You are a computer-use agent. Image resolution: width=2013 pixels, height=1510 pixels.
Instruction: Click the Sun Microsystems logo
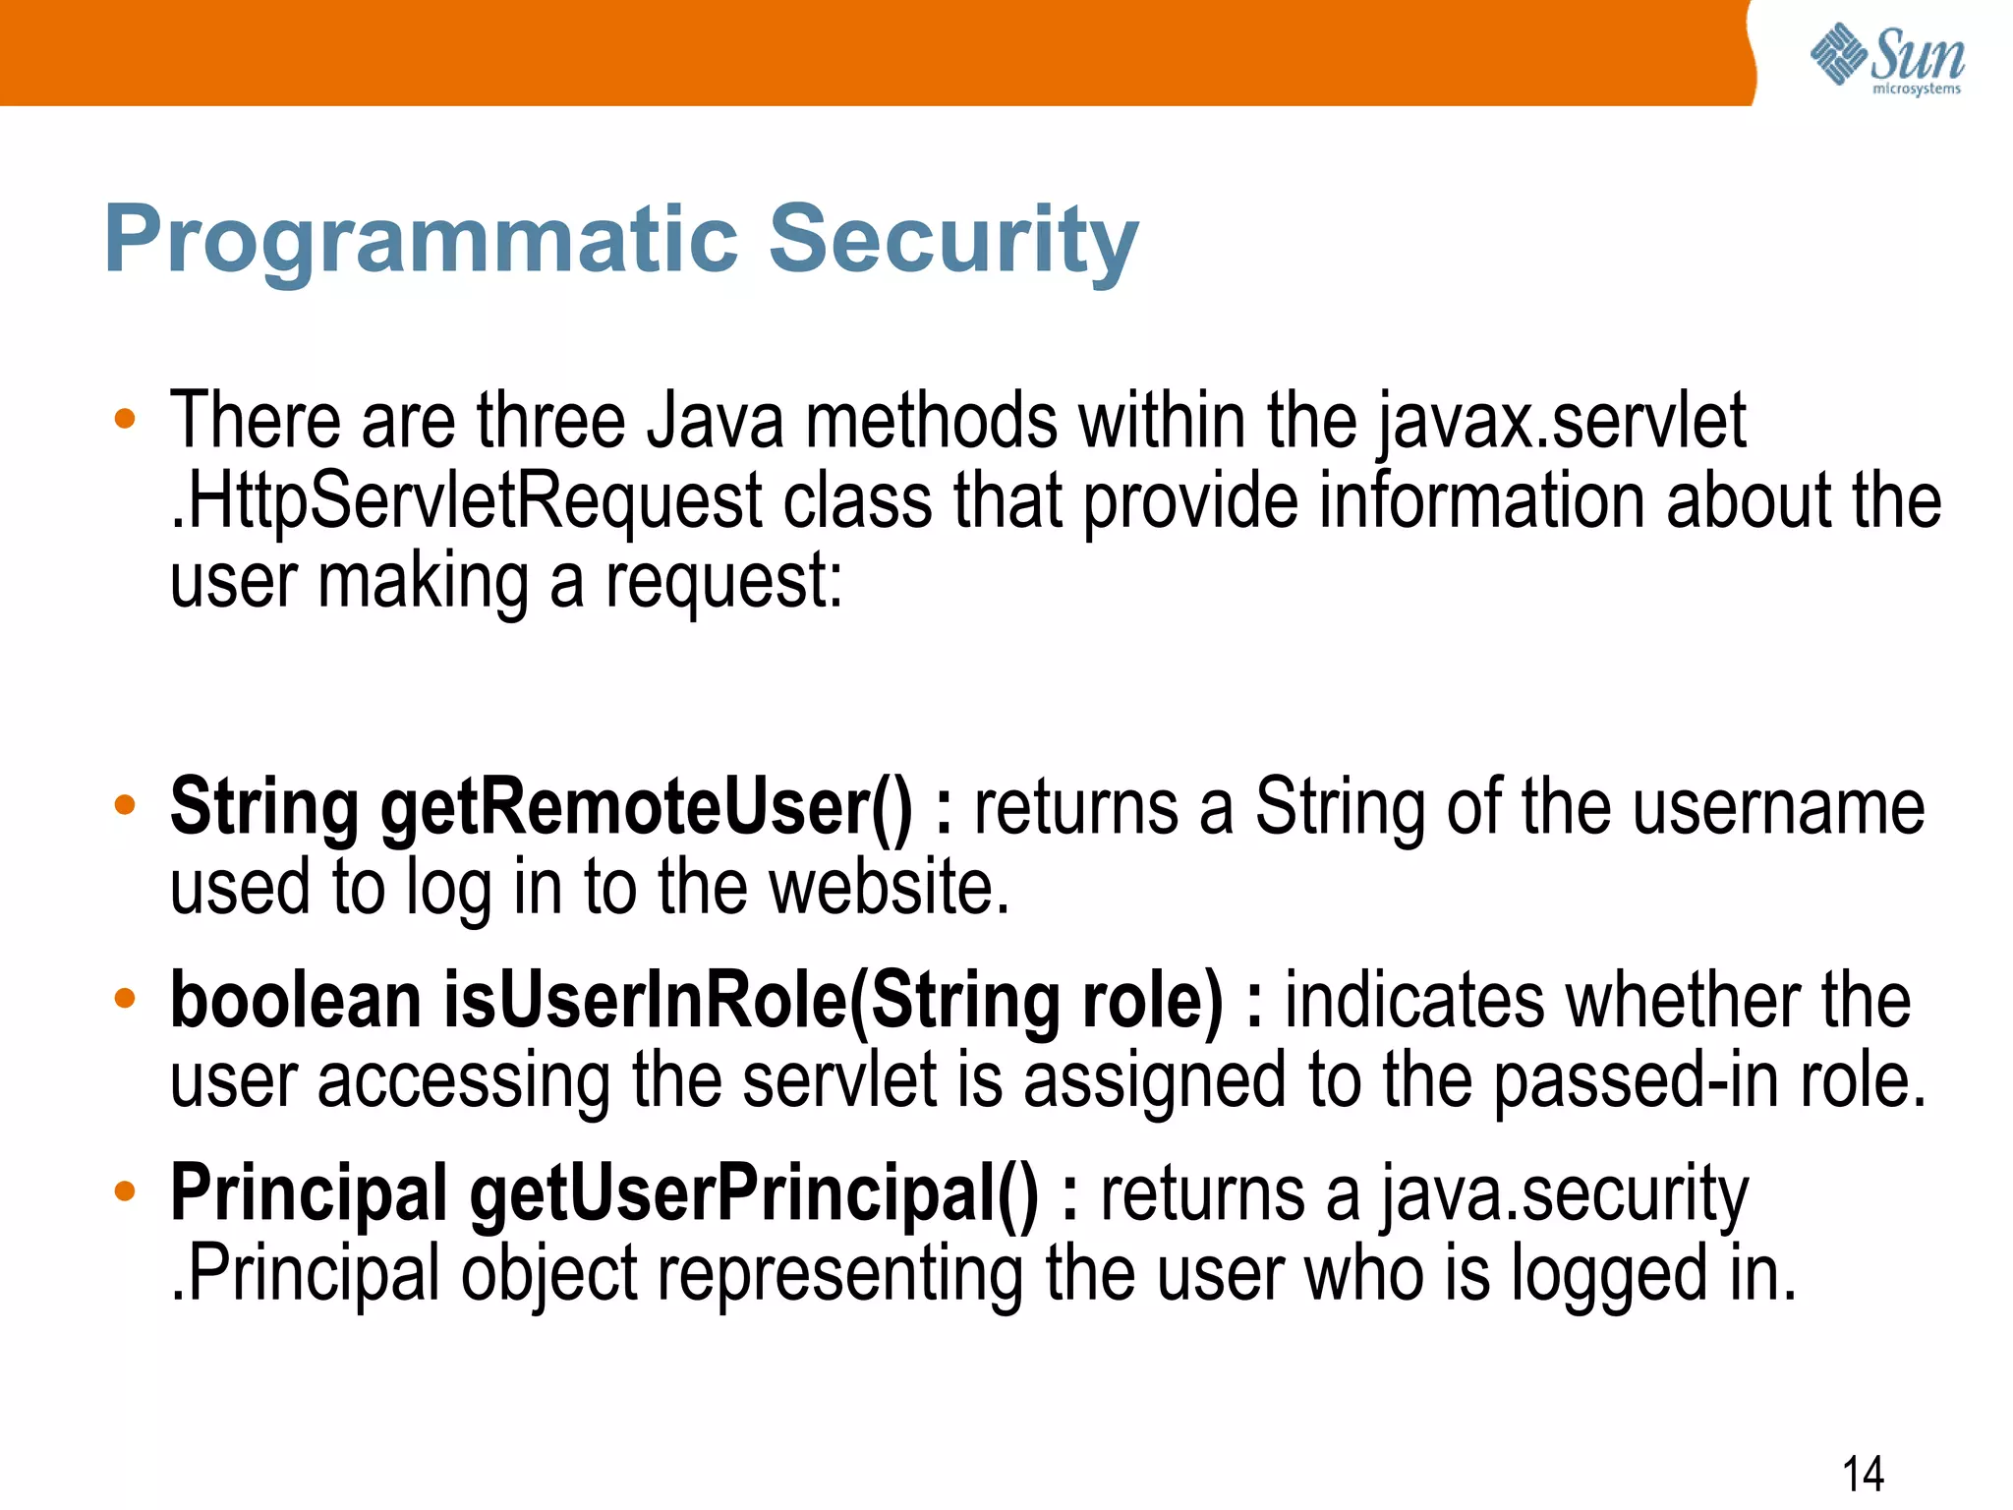pos(1886,59)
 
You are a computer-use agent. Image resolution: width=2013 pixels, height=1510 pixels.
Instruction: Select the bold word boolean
pos(295,1001)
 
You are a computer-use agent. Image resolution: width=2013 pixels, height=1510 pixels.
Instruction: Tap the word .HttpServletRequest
pos(466,502)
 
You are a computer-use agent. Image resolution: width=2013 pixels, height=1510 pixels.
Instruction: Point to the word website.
pos(889,888)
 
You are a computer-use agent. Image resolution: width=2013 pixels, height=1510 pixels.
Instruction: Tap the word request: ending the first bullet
pos(723,582)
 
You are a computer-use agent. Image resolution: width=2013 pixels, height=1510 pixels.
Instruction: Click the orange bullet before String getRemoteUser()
pos(125,805)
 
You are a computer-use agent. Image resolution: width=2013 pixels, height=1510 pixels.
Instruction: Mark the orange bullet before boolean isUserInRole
pos(125,998)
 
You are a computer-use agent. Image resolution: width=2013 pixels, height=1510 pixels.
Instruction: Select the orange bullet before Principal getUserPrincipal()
pos(125,1191)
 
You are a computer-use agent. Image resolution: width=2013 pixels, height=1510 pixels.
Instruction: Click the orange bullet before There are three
pos(125,419)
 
